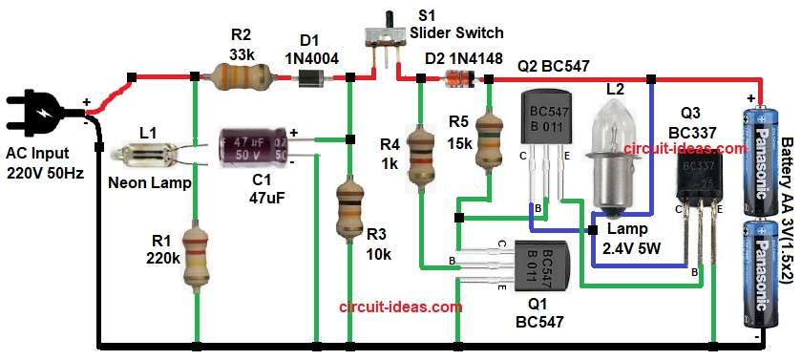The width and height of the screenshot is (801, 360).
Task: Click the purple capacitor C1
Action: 253,148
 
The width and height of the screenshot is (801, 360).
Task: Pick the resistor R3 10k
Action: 349,212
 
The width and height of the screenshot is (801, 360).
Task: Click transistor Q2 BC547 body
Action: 543,119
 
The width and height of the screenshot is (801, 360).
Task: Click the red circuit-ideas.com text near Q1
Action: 401,307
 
